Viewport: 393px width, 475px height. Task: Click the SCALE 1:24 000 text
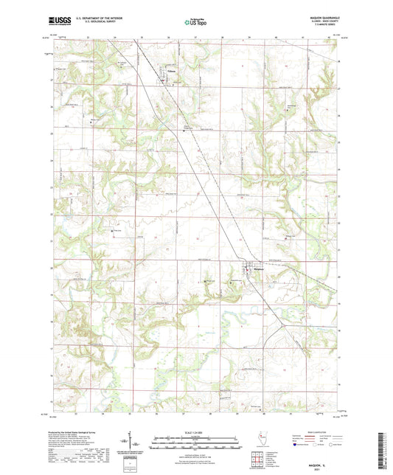[196, 431]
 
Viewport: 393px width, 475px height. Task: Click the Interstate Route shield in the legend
[298, 445]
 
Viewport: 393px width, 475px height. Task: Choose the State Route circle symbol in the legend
[336, 445]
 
